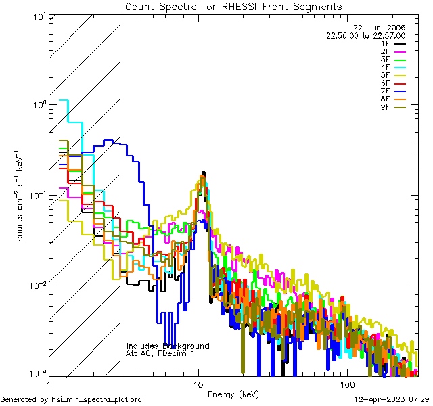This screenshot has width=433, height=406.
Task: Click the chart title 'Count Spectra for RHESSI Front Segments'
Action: [233, 6]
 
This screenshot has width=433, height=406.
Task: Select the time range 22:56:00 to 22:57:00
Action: [365, 35]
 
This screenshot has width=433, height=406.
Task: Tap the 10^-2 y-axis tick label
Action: [37, 286]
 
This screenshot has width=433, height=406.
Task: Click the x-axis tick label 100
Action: [346, 383]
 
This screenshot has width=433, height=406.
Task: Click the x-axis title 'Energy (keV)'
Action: [233, 394]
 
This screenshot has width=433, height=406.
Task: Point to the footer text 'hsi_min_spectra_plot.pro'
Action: [97, 400]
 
